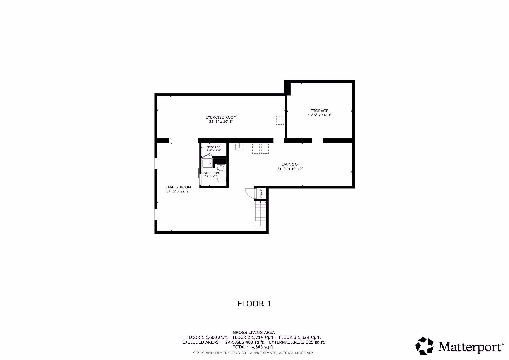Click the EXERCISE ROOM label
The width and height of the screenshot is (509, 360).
tap(221, 117)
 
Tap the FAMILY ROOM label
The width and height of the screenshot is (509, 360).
tap(178, 187)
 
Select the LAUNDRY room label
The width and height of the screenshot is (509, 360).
tap(290, 165)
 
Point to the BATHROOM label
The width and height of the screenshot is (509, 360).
tap(211, 173)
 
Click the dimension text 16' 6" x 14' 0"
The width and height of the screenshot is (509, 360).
tap(319, 115)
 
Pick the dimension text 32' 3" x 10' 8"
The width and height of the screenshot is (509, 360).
tap(221, 122)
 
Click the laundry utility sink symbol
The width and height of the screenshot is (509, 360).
tap(239, 147)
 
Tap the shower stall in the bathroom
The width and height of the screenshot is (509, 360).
tap(207, 163)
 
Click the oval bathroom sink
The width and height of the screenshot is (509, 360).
tap(221, 168)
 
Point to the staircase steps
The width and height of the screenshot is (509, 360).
tap(260, 213)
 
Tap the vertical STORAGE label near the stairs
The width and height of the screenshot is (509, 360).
tap(261, 193)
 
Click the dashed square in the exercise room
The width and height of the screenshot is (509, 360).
tap(280, 120)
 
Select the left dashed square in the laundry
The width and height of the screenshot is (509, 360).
tap(256, 149)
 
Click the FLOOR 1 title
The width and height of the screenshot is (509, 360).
tap(254, 304)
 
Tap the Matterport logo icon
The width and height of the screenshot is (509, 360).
tap(424, 346)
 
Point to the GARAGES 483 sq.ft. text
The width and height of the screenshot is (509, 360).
tap(244, 342)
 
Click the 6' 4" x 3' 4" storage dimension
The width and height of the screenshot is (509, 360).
tap(214, 150)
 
